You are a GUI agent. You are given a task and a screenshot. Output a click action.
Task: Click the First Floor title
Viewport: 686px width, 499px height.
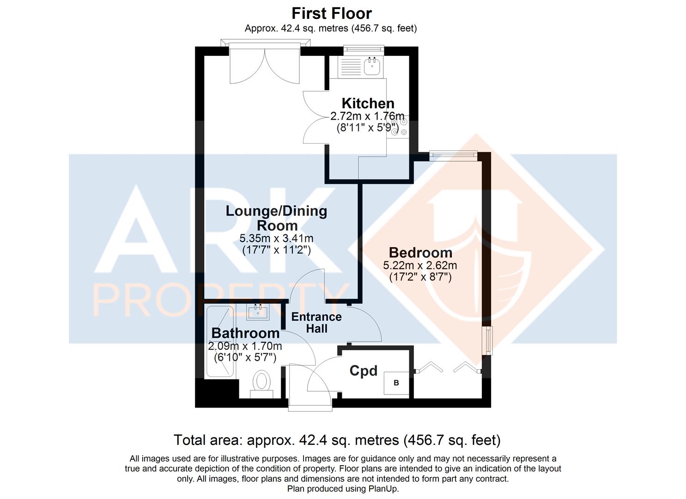(332, 13)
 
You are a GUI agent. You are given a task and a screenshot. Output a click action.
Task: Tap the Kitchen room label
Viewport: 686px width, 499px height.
(368, 103)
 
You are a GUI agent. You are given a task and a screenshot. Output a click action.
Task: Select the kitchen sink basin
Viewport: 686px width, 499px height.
(372, 66)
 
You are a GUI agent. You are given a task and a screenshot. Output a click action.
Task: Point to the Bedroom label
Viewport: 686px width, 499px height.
(420, 253)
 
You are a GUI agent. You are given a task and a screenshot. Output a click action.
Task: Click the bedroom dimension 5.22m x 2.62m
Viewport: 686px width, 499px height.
(420, 265)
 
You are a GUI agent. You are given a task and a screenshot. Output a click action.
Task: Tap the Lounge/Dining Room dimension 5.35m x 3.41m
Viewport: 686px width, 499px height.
(276, 238)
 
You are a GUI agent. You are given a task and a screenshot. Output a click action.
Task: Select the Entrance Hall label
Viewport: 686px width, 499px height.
(316, 323)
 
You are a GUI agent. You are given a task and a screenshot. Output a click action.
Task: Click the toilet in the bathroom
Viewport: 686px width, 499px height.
(261, 384)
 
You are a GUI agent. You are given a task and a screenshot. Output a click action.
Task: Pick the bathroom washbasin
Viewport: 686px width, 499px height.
(258, 312)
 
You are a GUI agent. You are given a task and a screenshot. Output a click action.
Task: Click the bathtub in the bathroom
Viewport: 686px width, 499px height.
(220, 341)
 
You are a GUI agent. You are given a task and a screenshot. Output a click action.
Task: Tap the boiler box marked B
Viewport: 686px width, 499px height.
(396, 383)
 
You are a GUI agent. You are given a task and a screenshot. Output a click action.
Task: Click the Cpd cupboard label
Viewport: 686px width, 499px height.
(363, 371)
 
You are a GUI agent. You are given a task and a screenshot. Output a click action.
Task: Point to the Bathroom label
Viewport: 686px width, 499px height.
(245, 333)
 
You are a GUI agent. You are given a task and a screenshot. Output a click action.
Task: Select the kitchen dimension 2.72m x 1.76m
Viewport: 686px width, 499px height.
(367, 116)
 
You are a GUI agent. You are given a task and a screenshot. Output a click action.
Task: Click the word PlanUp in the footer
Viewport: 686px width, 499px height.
(383, 488)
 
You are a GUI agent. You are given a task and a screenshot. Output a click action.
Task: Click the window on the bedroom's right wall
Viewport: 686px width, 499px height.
(487, 341)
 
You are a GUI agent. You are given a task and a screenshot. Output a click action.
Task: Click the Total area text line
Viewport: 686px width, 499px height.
(337, 440)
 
